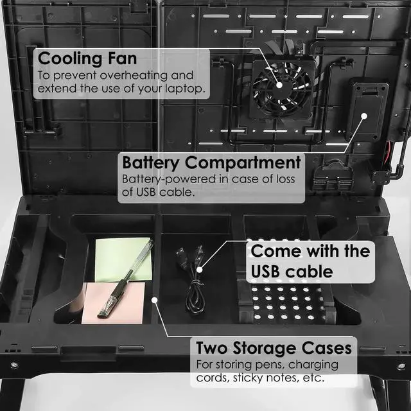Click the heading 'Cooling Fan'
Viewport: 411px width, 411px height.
pos(87,58)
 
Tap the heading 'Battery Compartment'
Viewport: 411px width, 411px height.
pos(211,162)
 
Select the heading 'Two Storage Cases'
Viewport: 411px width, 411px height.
pos(274,348)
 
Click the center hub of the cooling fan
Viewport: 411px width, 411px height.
pos(281,83)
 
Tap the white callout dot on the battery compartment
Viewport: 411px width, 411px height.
pos(363,117)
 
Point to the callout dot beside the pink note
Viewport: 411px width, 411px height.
pos(154,299)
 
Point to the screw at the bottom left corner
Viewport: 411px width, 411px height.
pos(14,365)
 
